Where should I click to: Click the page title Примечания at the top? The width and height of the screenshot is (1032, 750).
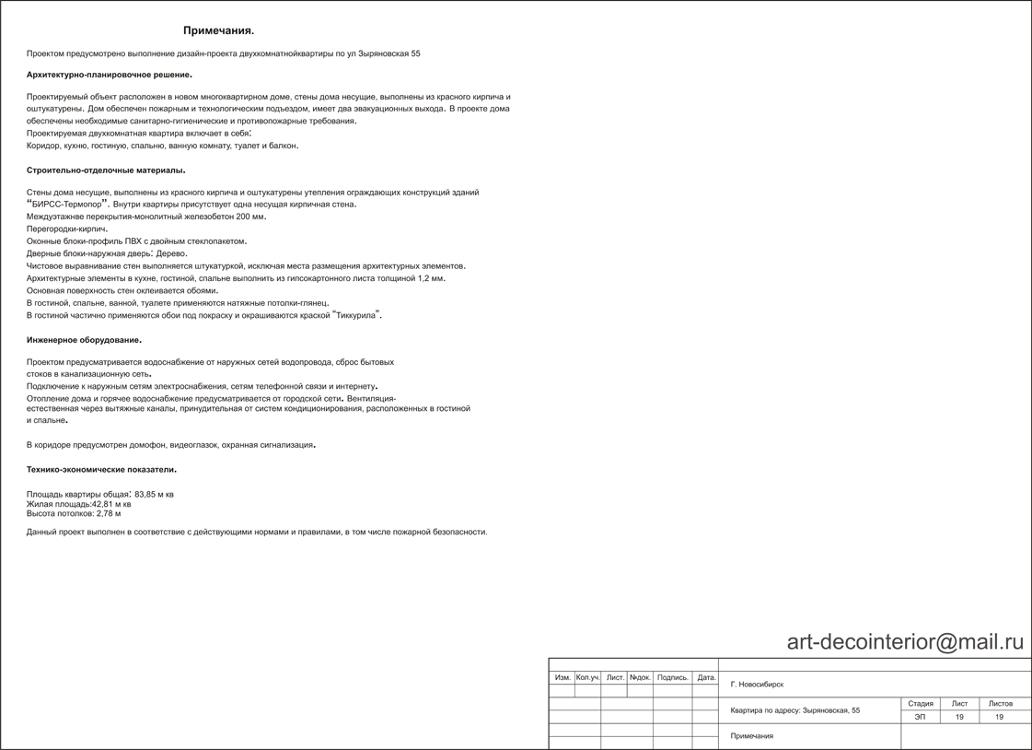(x=218, y=31)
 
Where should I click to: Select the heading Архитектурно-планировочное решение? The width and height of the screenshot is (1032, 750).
(x=110, y=75)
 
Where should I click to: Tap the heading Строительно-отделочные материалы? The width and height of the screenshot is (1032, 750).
(x=106, y=170)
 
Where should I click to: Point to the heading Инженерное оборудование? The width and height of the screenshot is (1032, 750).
(x=84, y=340)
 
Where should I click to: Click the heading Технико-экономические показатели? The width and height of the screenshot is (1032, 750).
(x=101, y=470)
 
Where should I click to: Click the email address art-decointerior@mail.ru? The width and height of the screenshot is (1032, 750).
(x=905, y=642)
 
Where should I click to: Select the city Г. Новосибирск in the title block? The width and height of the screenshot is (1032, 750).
(x=757, y=685)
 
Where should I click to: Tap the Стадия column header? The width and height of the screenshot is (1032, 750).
(x=920, y=704)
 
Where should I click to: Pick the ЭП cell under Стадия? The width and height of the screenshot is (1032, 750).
(x=920, y=717)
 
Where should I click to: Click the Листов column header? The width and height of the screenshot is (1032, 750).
(x=1000, y=704)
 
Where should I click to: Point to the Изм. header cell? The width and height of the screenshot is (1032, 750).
(x=562, y=678)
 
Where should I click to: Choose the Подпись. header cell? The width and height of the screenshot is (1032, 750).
(x=672, y=678)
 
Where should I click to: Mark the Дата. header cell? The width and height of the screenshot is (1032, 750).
(x=706, y=678)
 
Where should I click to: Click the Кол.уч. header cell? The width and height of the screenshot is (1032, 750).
(x=587, y=678)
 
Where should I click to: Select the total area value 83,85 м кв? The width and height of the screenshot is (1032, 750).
(x=154, y=495)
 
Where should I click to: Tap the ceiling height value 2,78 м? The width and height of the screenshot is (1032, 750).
(x=109, y=514)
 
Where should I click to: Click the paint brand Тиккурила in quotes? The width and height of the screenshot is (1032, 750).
(x=356, y=315)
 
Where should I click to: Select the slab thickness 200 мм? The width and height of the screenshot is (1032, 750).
(x=250, y=217)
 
